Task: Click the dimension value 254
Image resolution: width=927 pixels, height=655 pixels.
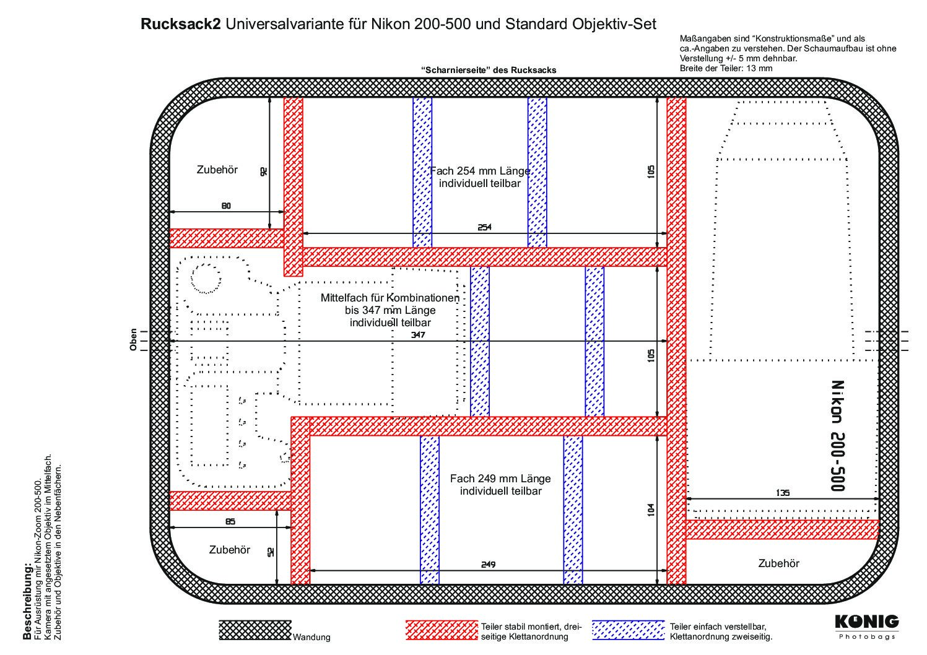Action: pyautogui.click(x=484, y=227)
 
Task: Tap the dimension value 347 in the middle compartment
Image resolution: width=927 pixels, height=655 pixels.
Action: pyautogui.click(x=418, y=335)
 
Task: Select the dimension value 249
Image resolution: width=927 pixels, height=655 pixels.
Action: pyautogui.click(x=488, y=564)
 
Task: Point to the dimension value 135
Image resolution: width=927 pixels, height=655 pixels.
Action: pyautogui.click(x=782, y=493)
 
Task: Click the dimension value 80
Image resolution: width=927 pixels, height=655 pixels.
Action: pyautogui.click(x=226, y=206)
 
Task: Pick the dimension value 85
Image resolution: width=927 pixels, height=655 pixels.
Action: pyautogui.click(x=230, y=521)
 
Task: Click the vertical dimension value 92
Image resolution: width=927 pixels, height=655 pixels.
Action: pyautogui.click(x=263, y=171)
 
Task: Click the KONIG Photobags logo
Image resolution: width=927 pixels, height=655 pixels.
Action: pyautogui.click(x=866, y=625)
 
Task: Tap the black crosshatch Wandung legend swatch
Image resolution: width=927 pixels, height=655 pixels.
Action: pyautogui.click(x=255, y=630)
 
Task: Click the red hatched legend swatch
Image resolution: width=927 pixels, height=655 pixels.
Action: pyautogui.click(x=442, y=630)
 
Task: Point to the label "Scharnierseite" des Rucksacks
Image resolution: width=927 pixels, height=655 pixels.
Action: pyautogui.click(x=488, y=70)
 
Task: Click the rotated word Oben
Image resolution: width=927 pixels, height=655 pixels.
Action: pyautogui.click(x=133, y=341)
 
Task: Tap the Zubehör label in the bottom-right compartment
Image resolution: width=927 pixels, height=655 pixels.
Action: pyautogui.click(x=778, y=563)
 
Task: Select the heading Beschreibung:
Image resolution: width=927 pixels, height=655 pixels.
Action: pyautogui.click(x=27, y=601)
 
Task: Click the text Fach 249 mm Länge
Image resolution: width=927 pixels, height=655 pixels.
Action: pyautogui.click(x=500, y=479)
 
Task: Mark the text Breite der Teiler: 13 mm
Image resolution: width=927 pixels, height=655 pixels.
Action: pyautogui.click(x=726, y=68)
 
